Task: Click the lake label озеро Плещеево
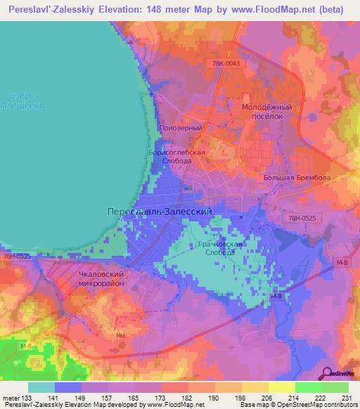(x=28, y=100)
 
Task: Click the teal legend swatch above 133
(x=41, y=387)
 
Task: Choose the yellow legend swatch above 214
(x=281, y=387)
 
